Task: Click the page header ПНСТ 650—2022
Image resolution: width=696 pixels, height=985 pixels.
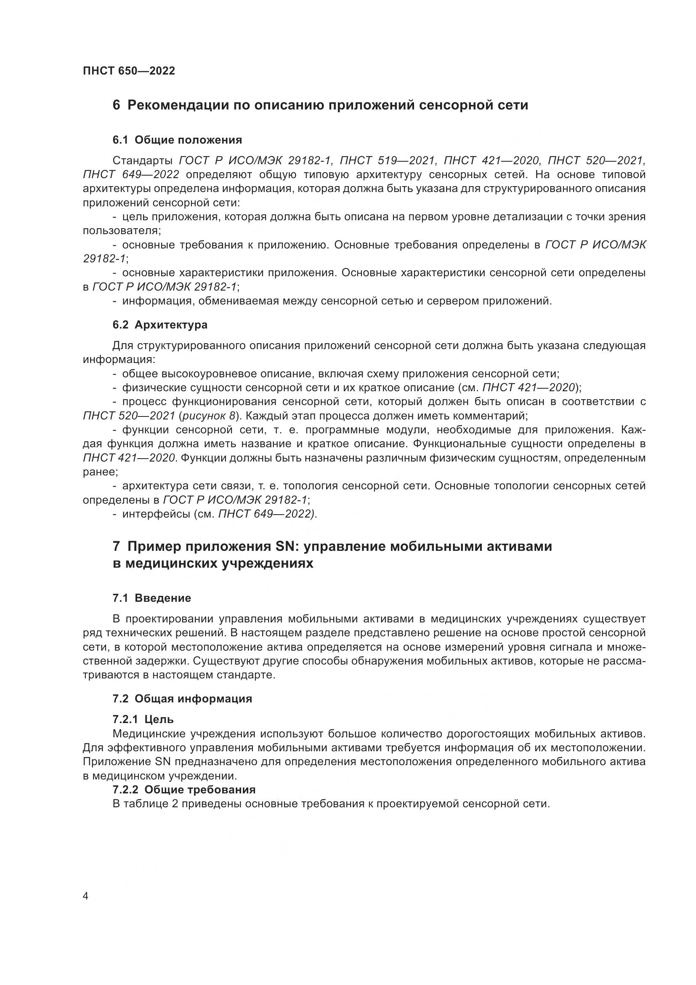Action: tap(129, 71)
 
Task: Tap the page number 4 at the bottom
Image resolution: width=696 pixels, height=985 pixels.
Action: tap(86, 896)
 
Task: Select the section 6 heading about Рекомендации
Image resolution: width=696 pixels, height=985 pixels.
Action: tap(320, 105)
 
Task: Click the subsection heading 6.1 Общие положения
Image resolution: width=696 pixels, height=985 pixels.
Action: tap(177, 140)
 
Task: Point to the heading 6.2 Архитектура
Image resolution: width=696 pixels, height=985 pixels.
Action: tap(160, 325)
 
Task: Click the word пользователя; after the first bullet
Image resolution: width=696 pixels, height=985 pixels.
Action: tap(122, 231)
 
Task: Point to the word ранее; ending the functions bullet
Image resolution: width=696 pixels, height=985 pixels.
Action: tap(100, 472)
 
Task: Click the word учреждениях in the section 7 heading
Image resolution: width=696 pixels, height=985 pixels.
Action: tap(267, 563)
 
